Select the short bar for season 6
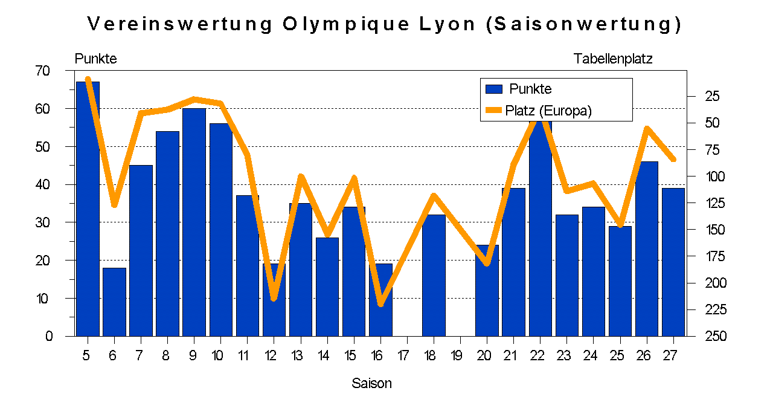pyautogui.click(x=114, y=302)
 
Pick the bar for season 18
pyautogui.click(x=434, y=275)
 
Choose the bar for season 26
pyautogui.click(x=646, y=248)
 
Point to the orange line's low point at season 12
pyautogui.click(x=274, y=297)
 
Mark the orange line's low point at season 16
pyautogui.click(x=380, y=303)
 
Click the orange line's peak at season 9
pyautogui.click(x=194, y=99)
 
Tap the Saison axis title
pyautogui.click(x=371, y=383)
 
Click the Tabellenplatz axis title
pyautogui.click(x=612, y=59)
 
